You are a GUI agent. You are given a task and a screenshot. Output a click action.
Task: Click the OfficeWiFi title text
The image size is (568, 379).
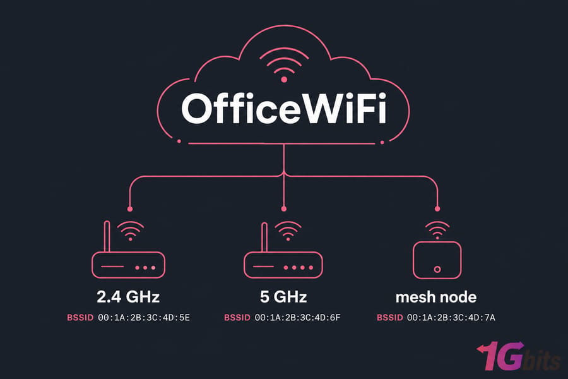[284, 109]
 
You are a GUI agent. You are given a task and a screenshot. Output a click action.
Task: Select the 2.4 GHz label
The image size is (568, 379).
[128, 297]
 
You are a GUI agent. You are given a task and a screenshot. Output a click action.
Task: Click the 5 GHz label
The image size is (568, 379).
[283, 297]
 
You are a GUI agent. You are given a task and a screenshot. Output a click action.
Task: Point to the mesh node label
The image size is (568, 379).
[436, 297]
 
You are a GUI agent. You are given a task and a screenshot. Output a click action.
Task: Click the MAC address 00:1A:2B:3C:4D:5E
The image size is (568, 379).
[144, 318]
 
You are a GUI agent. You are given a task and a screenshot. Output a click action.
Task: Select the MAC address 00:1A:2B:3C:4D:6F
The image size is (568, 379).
[297, 318]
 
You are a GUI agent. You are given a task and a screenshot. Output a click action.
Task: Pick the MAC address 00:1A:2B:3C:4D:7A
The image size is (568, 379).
[451, 318]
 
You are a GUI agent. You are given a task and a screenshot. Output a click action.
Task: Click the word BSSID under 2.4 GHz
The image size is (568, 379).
[80, 318]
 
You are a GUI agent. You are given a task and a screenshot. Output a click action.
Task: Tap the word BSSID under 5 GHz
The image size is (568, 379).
[237, 318]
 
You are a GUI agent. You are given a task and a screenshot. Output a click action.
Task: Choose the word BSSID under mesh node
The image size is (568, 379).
[390, 318]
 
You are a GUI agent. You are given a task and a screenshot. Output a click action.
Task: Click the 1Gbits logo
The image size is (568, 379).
[519, 356]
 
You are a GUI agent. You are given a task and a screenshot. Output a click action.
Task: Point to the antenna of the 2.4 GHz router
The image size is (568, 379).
[107, 236]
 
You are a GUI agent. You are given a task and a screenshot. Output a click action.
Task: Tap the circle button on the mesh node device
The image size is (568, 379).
[437, 270]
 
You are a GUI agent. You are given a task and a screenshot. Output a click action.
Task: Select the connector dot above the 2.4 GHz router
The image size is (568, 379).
[130, 209]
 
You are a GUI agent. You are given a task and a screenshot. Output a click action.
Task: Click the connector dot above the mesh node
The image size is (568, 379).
[437, 209]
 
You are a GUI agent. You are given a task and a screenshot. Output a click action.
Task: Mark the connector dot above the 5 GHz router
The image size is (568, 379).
[283, 209]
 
